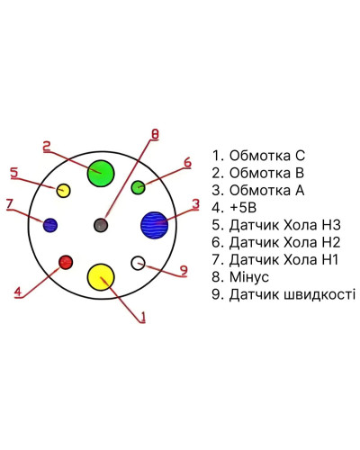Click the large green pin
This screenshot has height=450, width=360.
[101, 174]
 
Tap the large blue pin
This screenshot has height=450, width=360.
[154, 225]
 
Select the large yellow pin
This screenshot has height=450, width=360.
[101, 277]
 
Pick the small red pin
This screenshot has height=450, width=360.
[66, 262]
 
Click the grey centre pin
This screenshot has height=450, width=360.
[101, 225]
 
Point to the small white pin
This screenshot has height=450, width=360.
[138, 263]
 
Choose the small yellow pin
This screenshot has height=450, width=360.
[64, 191]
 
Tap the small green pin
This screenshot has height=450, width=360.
[139, 187]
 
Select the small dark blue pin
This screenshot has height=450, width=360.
[50, 225]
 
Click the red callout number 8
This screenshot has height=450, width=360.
[155, 134]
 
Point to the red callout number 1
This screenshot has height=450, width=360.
[143, 317]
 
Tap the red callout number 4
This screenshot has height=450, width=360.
[18, 292]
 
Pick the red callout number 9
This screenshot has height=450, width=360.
[184, 271]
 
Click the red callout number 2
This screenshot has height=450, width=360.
[47, 147]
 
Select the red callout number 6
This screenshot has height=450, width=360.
[187, 163]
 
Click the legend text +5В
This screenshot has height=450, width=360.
[243, 208]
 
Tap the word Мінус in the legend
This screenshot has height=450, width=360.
[249, 277]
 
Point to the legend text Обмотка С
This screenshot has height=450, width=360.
[267, 156]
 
